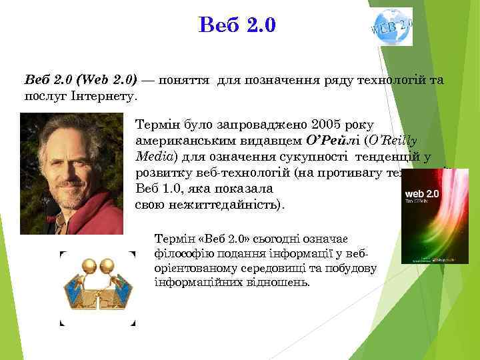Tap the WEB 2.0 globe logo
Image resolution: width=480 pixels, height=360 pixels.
coord(392,27)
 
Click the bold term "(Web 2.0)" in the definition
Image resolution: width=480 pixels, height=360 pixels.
coord(107,80)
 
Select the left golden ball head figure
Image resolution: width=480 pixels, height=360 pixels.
coord(88,267)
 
